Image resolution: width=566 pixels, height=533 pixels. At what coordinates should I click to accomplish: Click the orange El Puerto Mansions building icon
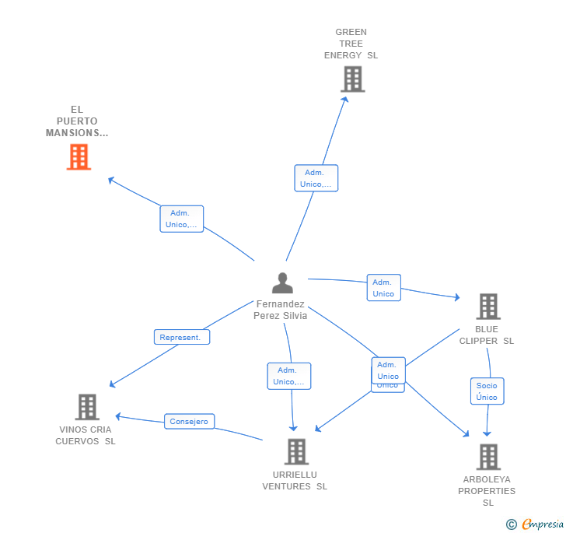[79, 157]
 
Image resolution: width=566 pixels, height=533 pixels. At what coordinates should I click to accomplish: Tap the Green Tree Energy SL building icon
[352, 79]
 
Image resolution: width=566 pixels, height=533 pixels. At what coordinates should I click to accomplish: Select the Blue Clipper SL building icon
[487, 307]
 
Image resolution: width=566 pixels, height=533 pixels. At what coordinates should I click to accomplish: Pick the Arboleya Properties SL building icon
[487, 457]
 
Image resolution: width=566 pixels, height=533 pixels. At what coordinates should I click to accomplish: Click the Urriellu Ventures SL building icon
[296, 451]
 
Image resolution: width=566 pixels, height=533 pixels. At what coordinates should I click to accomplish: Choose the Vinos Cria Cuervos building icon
[87, 407]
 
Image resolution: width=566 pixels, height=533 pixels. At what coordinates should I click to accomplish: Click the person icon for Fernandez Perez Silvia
[282, 283]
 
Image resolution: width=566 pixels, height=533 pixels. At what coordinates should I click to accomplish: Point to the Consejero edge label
[189, 422]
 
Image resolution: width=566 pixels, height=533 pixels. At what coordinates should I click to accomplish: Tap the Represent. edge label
[180, 337]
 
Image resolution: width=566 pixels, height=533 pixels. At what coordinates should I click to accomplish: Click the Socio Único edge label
[487, 391]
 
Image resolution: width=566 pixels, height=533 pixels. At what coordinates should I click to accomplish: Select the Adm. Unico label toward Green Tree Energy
[316, 178]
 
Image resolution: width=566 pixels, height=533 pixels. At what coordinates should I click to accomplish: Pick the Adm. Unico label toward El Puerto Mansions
[181, 219]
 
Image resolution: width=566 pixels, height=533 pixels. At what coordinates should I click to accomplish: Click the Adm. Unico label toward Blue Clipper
[383, 288]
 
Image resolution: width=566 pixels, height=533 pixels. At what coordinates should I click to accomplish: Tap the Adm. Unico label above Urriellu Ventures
[288, 376]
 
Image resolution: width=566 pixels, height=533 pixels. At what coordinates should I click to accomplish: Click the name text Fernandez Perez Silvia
[280, 310]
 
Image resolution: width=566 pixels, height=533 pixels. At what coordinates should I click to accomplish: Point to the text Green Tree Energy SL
[351, 44]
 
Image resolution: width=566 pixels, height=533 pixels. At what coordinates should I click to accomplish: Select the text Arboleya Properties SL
[487, 490]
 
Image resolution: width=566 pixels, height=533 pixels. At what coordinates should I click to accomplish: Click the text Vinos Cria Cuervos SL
[86, 435]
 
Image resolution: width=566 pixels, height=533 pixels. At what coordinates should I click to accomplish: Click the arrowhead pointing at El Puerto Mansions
[111, 180]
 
